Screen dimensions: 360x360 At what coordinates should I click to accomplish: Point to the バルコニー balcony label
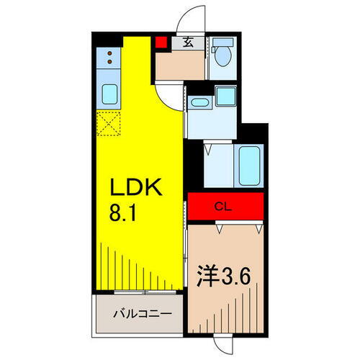[x=143, y=315]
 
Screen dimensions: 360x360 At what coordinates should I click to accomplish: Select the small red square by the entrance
[x=161, y=42]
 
